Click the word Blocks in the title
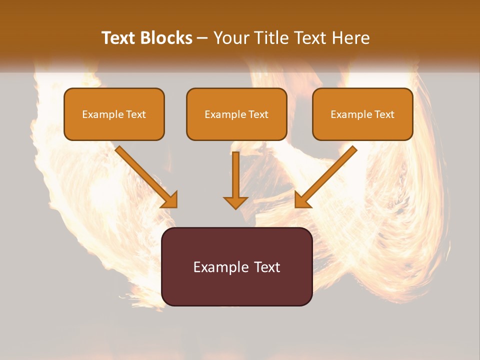[x=167, y=38]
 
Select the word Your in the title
[x=232, y=38]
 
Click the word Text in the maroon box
[x=266, y=267]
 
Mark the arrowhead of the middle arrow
[x=235, y=201]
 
